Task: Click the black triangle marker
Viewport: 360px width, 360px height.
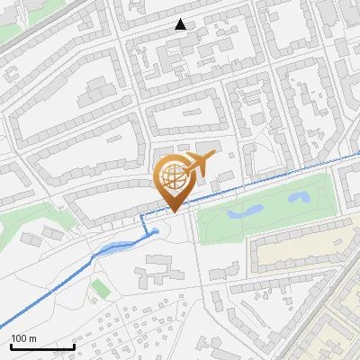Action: coord(181,24)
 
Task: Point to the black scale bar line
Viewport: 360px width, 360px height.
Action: coord(42,346)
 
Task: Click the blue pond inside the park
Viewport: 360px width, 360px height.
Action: coord(245,212)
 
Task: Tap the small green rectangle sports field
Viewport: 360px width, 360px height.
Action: coord(100,288)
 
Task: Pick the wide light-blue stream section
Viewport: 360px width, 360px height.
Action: coord(112,249)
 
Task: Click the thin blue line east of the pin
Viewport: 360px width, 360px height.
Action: coord(270,178)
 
